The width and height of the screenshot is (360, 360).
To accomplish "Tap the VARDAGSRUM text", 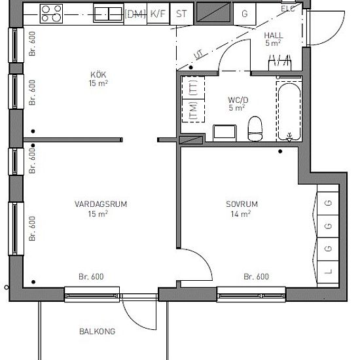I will point(100,204).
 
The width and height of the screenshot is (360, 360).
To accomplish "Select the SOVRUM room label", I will point(241,204).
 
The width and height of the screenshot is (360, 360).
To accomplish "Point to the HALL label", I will point(272,35).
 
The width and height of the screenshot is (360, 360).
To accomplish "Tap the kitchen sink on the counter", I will point(106,12).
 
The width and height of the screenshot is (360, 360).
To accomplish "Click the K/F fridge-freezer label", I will point(157,13).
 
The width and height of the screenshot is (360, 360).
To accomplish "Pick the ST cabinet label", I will point(182,13).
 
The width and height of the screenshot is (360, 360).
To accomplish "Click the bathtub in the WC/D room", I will point(287,111).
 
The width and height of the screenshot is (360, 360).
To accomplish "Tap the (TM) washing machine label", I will point(193,112).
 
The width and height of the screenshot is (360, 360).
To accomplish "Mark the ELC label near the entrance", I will point(288,9).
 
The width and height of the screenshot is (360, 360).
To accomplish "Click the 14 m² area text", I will point(241,214).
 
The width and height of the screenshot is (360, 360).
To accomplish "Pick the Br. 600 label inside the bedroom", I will point(256,277).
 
